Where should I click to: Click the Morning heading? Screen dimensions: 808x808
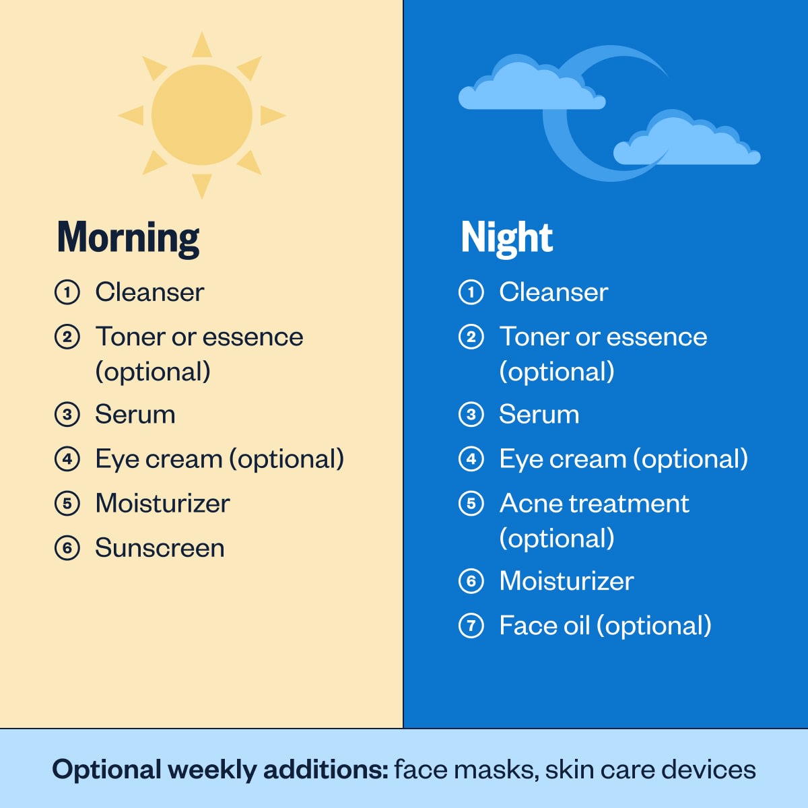click(128, 238)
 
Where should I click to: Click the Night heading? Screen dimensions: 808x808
click(506, 238)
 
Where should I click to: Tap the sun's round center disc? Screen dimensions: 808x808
click(202, 115)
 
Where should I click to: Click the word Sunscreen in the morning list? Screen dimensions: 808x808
click(160, 548)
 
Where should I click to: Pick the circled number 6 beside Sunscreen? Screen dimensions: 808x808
click(67, 548)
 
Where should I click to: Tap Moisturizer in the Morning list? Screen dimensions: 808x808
click(162, 504)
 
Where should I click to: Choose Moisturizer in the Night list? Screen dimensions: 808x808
click(566, 581)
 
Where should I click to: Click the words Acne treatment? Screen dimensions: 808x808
click(594, 504)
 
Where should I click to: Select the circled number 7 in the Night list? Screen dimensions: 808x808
click(471, 626)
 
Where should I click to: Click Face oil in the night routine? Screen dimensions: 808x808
click(544, 626)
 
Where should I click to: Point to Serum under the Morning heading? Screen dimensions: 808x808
click(135, 415)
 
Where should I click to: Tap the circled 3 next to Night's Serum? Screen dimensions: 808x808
click(471, 415)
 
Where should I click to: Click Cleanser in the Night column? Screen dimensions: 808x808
click(553, 292)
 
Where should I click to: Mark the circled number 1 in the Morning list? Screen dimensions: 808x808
click(67, 292)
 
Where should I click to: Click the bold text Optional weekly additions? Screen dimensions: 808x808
click(220, 770)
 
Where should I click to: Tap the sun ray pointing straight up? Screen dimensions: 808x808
click(202, 45)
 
